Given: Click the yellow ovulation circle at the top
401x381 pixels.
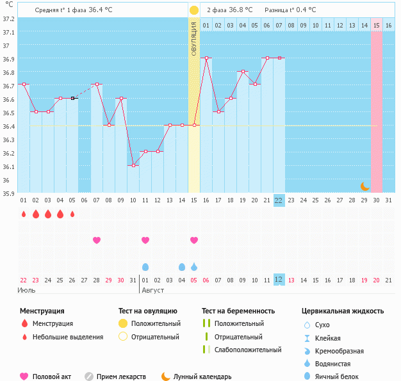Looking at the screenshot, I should (x=193, y=10).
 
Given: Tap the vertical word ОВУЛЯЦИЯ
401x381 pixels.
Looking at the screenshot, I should (x=193, y=38).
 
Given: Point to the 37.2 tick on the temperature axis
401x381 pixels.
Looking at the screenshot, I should (x=9, y=19).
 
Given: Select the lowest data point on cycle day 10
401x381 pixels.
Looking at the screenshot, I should (x=133, y=165).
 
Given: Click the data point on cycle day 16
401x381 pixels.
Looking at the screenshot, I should (x=206, y=58).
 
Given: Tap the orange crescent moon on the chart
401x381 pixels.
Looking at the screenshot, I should (x=364, y=186).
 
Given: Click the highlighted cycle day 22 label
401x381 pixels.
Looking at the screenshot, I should (x=279, y=200).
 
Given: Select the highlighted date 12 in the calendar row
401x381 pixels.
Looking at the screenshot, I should (x=279, y=280).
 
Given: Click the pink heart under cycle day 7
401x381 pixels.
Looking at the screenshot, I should (x=97, y=240).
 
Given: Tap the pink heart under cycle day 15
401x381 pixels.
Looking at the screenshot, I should (x=194, y=240).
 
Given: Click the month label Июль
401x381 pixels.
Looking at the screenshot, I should (x=27, y=290).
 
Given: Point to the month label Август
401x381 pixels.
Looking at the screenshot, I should (x=152, y=290).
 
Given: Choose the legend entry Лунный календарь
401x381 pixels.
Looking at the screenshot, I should (x=202, y=377).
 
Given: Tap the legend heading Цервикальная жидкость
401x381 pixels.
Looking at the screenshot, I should (x=343, y=311).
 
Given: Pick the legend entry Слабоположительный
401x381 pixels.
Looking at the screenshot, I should (x=248, y=350).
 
